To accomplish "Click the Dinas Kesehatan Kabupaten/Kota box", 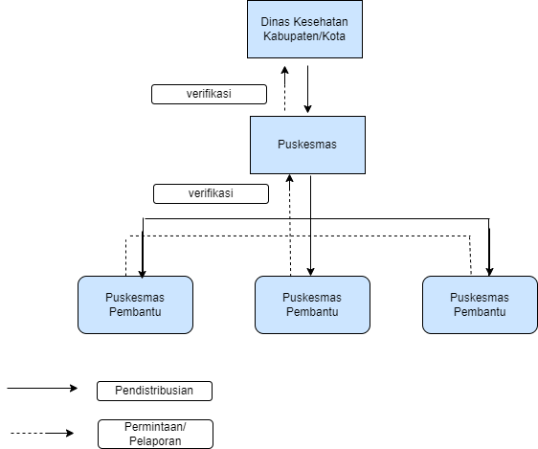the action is tap(304, 29).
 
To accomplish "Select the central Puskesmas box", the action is tap(307, 145).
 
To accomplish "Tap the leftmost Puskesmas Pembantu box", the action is tap(135, 304).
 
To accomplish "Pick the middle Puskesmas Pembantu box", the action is tap(312, 304).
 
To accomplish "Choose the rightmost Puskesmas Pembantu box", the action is tap(480, 304).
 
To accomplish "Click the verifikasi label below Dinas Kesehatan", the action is tap(209, 94).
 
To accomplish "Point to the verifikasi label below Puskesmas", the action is tap(211, 193).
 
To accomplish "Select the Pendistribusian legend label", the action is tap(154, 391).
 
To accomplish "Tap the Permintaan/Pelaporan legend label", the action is tap(155, 434).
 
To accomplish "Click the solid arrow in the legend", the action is tap(42, 388).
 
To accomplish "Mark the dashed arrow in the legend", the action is tap(42, 434).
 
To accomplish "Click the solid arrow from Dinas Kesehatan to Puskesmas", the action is tap(308, 89).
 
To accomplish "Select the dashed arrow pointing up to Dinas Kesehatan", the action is tap(284, 88).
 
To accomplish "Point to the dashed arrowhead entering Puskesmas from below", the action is tap(290, 178).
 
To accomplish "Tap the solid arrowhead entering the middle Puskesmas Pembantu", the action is tap(310, 272).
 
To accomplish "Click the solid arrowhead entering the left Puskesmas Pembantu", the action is tap(142, 273).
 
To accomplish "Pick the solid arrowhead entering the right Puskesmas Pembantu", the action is tap(489, 272).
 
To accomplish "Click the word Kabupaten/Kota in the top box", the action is tap(304, 36).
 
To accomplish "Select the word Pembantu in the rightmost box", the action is tap(480, 312).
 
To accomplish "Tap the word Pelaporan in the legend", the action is tap(155, 440).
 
